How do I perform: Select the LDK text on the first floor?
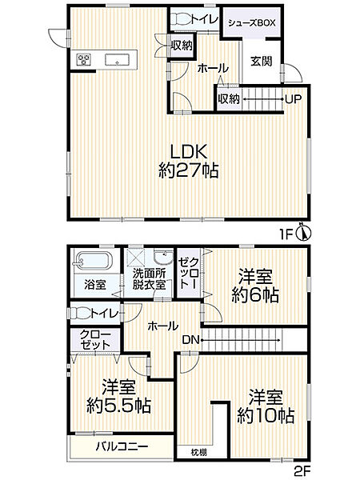189,150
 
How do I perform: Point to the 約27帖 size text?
189,170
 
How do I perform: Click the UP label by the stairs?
293,99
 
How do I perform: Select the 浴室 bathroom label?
94,283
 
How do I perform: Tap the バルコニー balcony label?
118,445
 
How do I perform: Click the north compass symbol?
302,232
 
